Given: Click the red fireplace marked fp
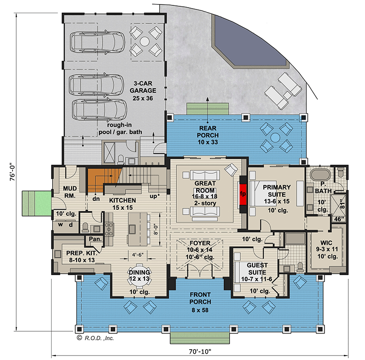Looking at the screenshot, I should (x=243, y=194).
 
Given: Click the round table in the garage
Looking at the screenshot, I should (x=144, y=41).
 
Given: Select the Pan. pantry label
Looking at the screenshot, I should (x=95, y=239).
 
